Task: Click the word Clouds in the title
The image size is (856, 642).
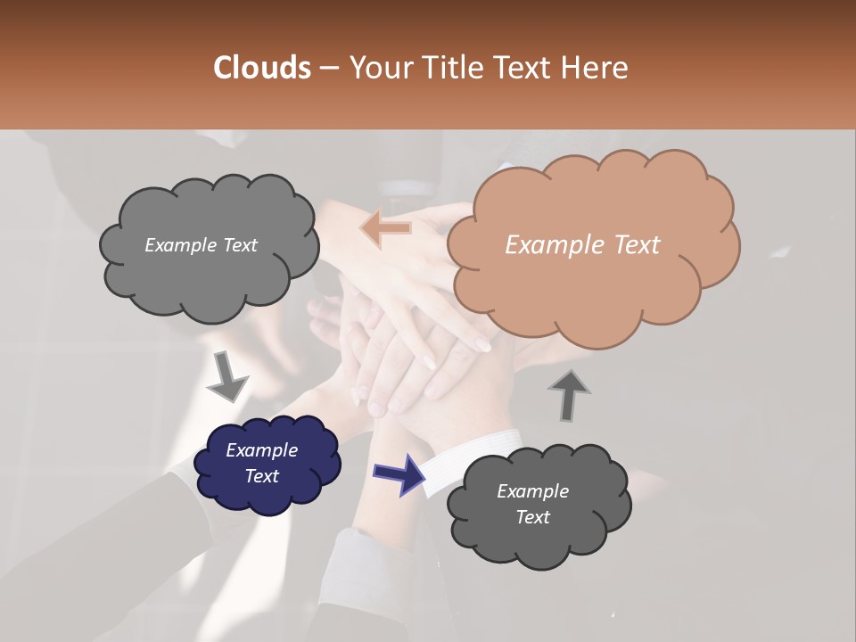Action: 261,68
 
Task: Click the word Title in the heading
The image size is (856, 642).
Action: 454,68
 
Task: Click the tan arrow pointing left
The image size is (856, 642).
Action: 385,228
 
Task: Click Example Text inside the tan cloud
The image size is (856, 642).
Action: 582,245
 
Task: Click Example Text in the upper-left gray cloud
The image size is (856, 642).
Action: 201,245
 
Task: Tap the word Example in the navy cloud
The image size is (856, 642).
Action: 261,450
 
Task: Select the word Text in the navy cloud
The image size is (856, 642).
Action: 262,476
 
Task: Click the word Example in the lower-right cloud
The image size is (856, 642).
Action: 532,491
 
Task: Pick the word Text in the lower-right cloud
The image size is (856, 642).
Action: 532,517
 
